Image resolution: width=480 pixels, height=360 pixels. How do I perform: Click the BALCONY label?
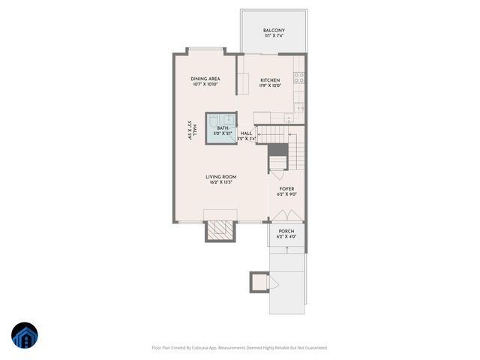[x=274, y=31]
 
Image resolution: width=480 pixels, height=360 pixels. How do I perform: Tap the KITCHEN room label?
[x=270, y=80]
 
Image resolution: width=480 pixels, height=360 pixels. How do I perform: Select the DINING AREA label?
[x=205, y=79]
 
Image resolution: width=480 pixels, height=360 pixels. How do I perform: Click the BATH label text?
[x=223, y=128]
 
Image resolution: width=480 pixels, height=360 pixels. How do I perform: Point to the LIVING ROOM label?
[x=221, y=177]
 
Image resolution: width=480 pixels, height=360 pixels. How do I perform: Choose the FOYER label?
[x=287, y=189]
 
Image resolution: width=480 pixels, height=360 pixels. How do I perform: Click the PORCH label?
[x=286, y=231]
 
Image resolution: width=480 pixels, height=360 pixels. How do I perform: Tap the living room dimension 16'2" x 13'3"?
[x=221, y=183]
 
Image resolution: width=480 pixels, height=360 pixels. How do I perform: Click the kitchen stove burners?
[x=298, y=76]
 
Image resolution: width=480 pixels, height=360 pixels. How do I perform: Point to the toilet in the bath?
[x=214, y=120]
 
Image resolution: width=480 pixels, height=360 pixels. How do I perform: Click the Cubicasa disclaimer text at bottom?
[x=240, y=347]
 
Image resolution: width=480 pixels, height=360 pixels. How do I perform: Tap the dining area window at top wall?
[x=205, y=51]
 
